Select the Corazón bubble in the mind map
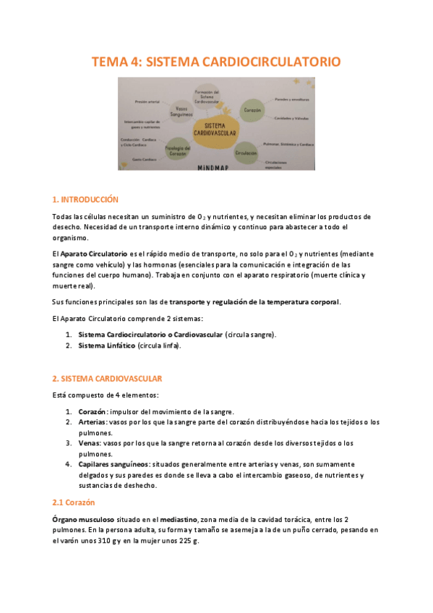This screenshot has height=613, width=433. (x=252, y=109)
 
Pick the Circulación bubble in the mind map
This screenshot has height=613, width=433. (x=246, y=153)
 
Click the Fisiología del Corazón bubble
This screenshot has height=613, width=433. (x=178, y=149)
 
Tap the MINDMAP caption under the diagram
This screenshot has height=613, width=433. (x=217, y=167)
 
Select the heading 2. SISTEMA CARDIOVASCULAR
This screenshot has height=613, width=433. (x=107, y=378)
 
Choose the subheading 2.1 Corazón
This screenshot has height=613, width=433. (x=74, y=502)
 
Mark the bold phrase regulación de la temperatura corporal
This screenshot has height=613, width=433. (x=275, y=301)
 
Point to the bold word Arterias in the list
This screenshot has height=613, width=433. (x=92, y=421)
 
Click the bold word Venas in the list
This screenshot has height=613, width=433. (x=89, y=443)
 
